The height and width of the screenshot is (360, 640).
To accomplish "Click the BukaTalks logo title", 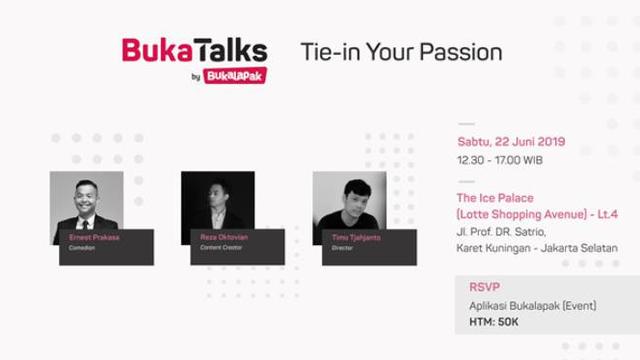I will (194, 50).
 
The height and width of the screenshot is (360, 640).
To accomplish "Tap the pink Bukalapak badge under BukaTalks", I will (235, 75).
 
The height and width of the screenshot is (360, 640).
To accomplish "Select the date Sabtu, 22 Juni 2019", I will (511, 142).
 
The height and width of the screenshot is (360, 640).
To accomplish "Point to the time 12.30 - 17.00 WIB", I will (499, 159).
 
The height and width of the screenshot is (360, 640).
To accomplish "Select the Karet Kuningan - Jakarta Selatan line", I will (537, 248).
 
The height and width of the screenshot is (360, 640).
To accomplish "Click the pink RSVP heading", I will (484, 287).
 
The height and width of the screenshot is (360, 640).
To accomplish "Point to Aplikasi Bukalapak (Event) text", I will (532, 306).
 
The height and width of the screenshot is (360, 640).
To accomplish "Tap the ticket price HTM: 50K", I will (494, 322).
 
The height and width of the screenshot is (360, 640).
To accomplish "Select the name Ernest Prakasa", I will (94, 237).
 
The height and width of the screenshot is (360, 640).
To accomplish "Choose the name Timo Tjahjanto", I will (358, 237).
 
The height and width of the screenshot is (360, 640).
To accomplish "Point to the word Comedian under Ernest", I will (82, 247).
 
